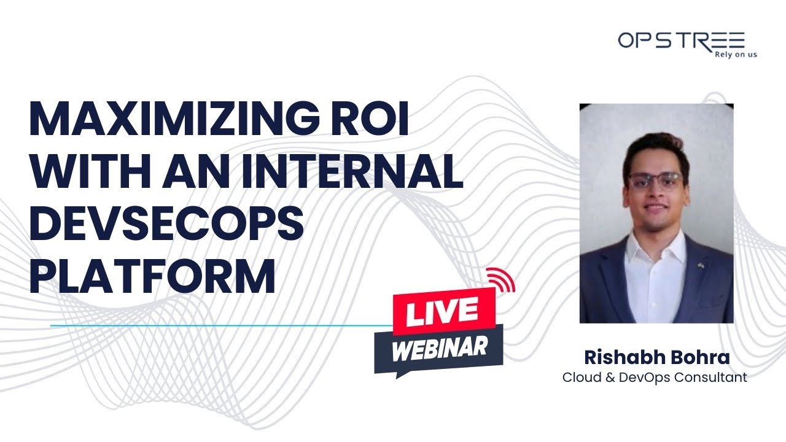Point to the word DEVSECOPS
(166, 224)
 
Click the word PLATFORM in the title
(152, 276)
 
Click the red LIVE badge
(441, 312)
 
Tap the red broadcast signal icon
(501, 280)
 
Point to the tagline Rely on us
(736, 54)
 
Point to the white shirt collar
(655, 242)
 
